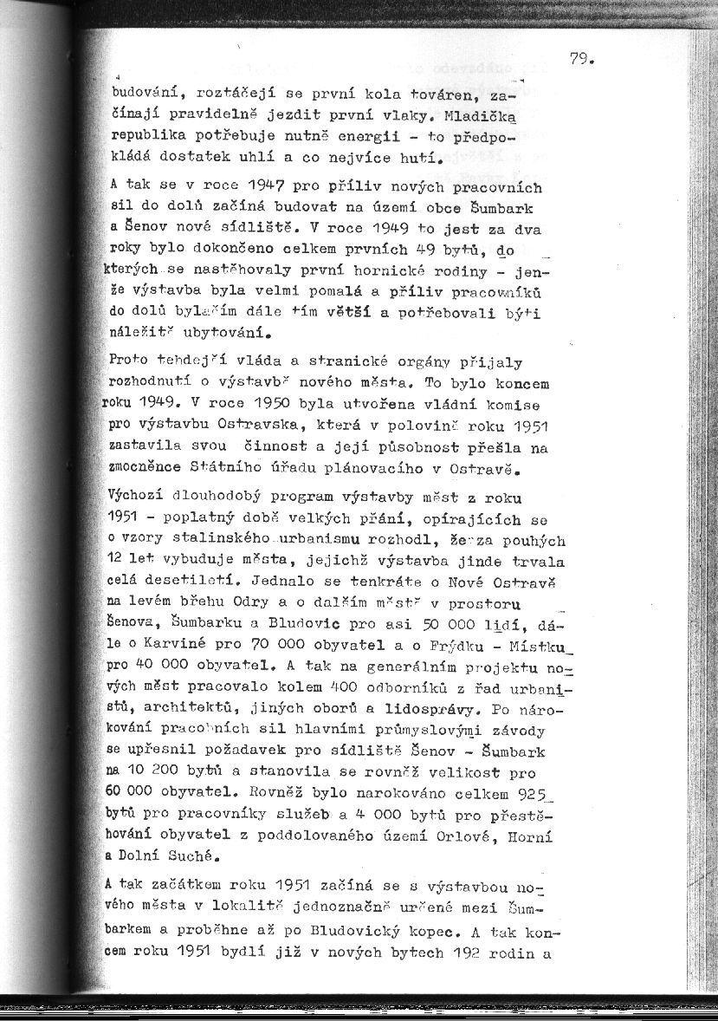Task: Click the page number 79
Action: click(x=579, y=59)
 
